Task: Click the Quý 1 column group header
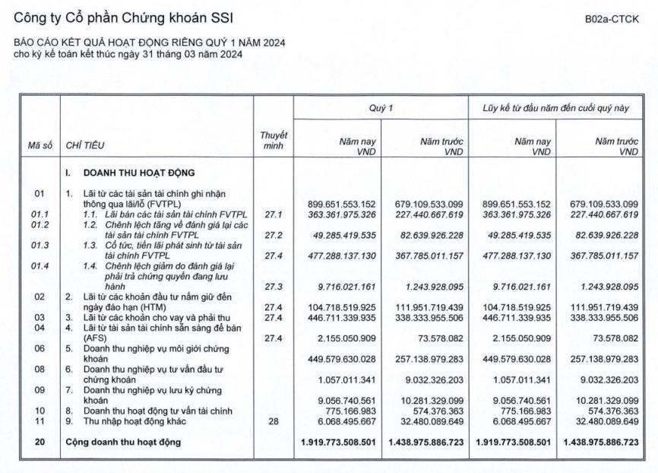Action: click(x=381, y=108)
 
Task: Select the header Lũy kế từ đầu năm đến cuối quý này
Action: click(x=556, y=108)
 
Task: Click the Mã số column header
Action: click(x=40, y=144)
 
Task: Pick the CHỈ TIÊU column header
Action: click(x=85, y=144)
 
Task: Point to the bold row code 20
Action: click(x=40, y=442)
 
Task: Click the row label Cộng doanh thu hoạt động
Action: click(x=124, y=442)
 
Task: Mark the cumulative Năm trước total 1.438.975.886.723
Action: click(x=601, y=442)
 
